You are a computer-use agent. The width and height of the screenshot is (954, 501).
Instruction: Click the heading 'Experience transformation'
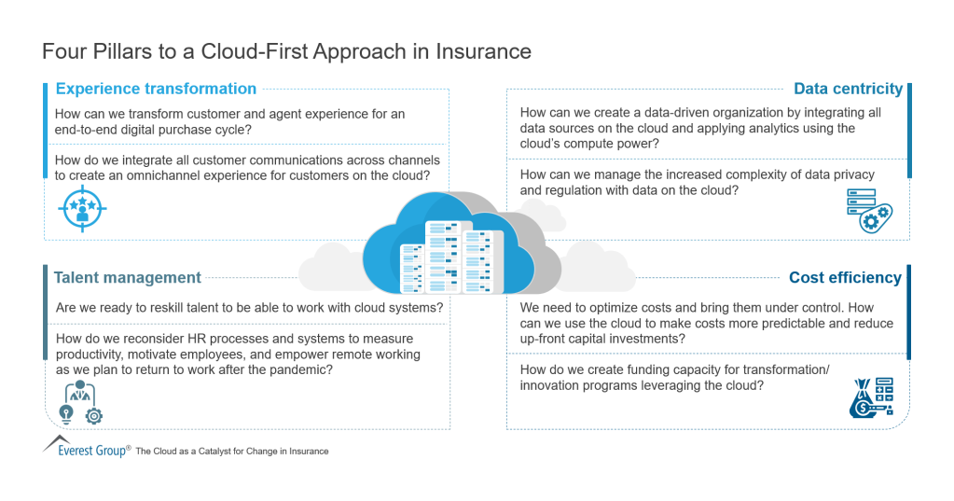pos(156,90)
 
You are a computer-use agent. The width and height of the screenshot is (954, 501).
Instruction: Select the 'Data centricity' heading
pos(848,90)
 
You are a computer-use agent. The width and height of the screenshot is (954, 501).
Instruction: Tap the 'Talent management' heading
pos(127,277)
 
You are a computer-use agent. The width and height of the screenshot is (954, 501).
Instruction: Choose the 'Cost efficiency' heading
pos(845,277)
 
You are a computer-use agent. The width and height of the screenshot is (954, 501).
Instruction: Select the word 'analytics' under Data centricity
pos(751,129)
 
